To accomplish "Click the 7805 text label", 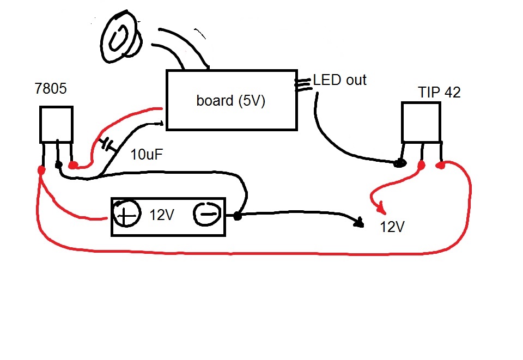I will point(50,88).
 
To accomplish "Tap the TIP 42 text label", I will point(439,93).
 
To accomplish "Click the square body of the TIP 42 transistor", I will point(421,121).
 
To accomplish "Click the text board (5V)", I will point(230,101).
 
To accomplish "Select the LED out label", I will point(339,81).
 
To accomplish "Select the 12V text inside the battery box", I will point(162,215).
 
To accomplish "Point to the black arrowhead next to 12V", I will point(359,223).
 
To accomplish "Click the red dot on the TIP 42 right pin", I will point(441,164).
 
